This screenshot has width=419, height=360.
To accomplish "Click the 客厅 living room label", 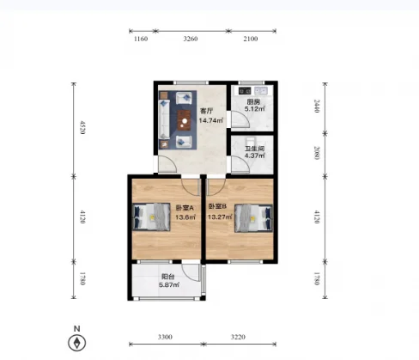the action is point(206,111).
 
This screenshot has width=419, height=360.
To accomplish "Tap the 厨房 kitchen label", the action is point(253,101).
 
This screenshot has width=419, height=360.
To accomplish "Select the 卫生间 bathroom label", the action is point(254,149).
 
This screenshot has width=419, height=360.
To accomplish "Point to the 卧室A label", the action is point(185,208).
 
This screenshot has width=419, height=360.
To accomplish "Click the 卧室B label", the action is point(217,206).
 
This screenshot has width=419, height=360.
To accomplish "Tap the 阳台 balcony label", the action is point(168,277).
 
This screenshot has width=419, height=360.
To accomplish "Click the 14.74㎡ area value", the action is point(211,120).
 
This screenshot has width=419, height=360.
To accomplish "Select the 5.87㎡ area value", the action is point(169,284).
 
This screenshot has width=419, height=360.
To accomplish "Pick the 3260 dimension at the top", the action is point(191,39).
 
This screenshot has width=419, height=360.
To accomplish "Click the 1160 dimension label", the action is point(141,39).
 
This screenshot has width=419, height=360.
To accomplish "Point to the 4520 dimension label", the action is point(82,128).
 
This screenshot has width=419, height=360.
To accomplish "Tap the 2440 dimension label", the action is point(317,106).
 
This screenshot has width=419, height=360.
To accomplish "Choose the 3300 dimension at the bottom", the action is point(165,337).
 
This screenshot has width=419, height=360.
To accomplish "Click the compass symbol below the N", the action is point(77,343).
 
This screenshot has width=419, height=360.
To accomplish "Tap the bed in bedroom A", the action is point(151,217).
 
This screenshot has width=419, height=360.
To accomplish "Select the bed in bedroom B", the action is point(253,218).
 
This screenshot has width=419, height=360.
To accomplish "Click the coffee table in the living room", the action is point(184,120).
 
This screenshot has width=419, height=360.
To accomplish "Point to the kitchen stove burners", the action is point(245,91).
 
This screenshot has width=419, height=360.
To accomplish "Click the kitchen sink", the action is point(261,91).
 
